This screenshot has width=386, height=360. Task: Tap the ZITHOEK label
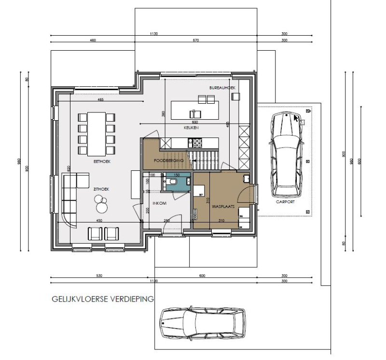coord(101,190)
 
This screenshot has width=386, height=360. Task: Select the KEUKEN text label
coord(191,128)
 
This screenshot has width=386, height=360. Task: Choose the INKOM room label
coord(159,204)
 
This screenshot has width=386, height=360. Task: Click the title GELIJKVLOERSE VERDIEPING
coord(102,299)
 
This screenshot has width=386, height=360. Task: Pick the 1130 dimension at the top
coord(154,34)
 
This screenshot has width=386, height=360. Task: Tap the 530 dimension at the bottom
coord(99,276)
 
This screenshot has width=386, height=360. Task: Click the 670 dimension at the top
coord(196,41)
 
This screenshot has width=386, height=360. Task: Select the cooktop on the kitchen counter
coord(197,143)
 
